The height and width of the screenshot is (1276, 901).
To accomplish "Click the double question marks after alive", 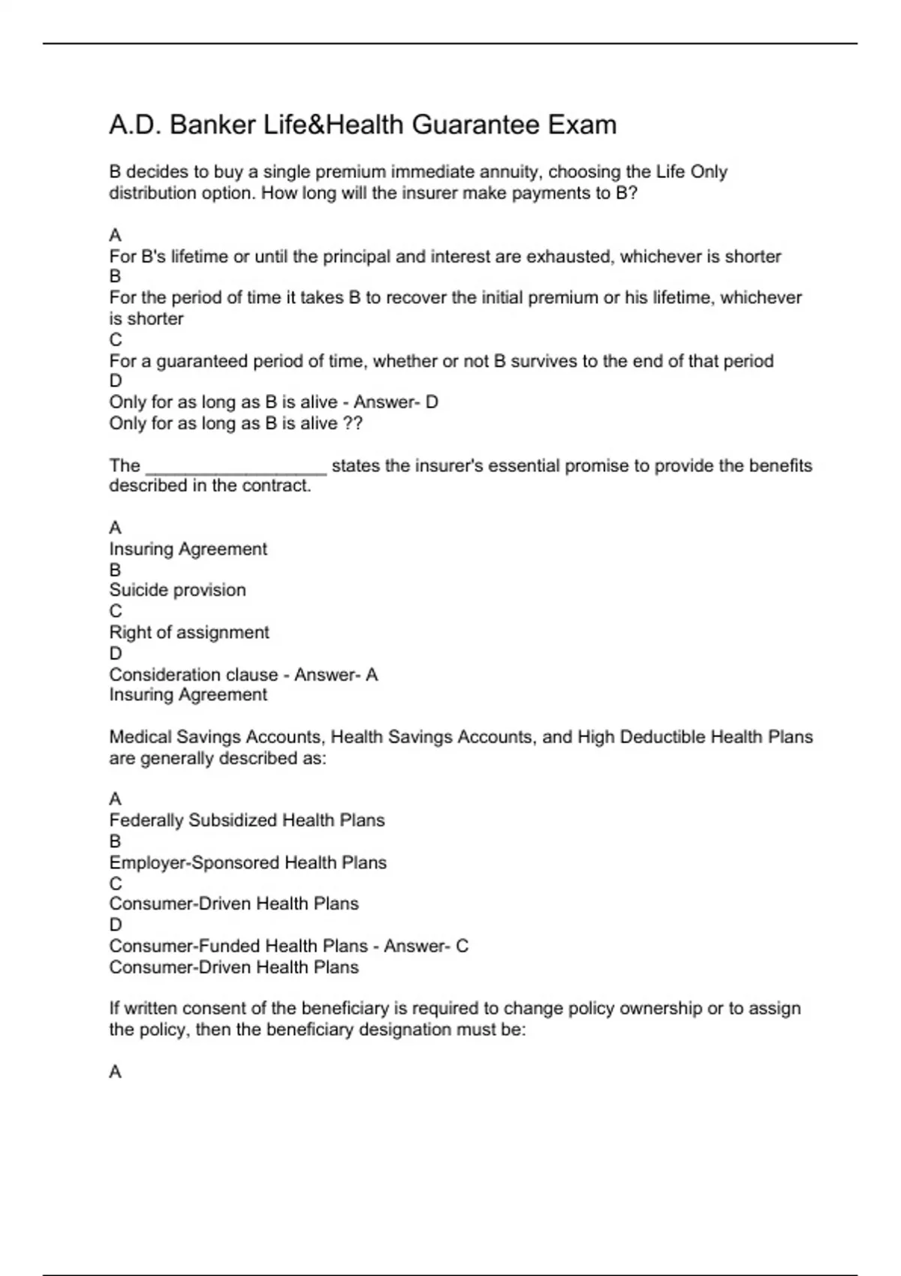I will [352, 423].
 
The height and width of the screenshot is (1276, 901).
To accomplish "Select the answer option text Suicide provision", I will [177, 590].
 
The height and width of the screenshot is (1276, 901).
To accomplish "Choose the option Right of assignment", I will [188, 632].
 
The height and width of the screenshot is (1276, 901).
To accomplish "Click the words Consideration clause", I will [193, 675].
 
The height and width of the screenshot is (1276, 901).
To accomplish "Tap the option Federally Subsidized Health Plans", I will [246, 820].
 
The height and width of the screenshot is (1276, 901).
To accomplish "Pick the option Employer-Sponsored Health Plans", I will [248, 862].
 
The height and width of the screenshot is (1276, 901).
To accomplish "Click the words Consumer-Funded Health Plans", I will [238, 946].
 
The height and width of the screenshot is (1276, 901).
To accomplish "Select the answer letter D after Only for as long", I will [432, 402].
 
